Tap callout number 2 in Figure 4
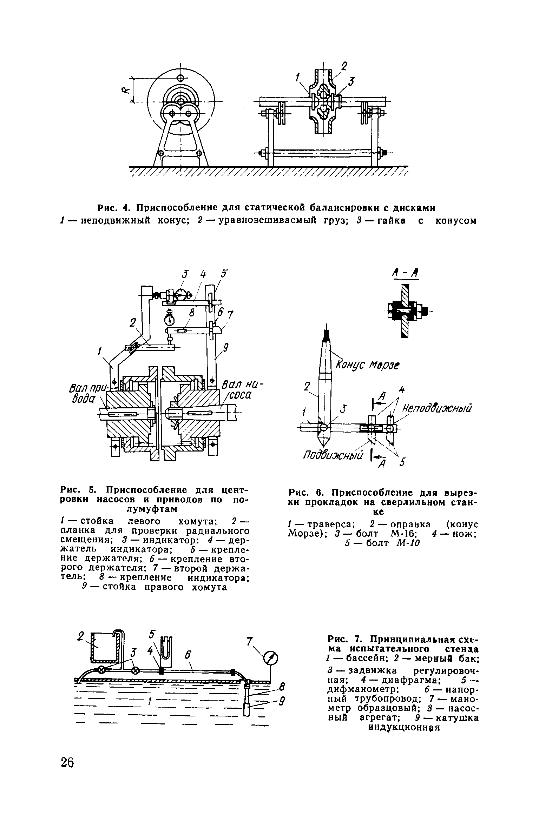tap(344, 66)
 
